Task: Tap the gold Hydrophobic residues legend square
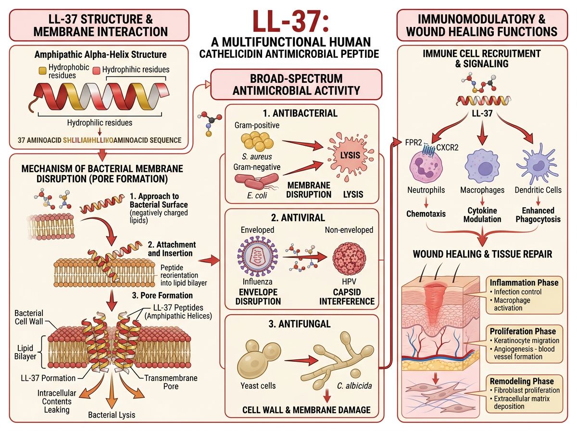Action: tap(43, 71)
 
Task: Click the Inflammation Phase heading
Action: tap(524, 282)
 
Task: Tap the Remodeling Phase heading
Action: tap(522, 380)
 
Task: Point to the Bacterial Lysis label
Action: tap(112, 415)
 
